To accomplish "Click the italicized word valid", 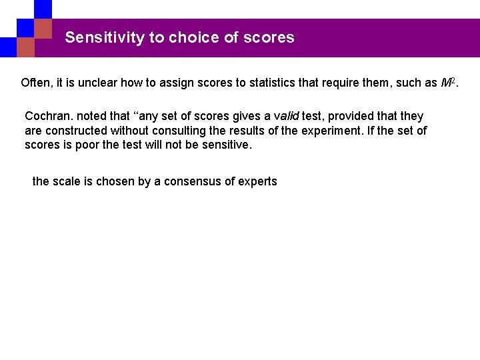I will tap(286, 116).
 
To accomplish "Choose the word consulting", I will tap(169, 131).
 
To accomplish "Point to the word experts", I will tap(257, 181).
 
